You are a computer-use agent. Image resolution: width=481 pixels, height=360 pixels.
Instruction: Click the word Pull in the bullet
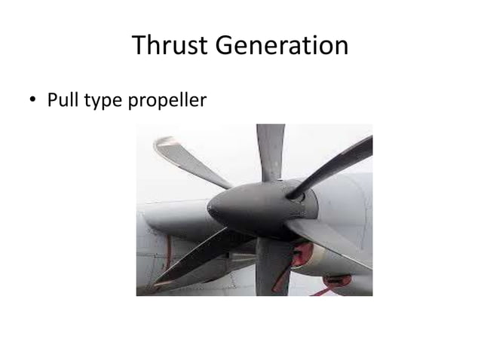point(63,99)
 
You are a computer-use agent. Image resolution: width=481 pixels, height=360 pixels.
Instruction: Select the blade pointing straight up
point(270,151)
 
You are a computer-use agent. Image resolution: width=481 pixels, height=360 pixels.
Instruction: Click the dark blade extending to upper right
point(332,167)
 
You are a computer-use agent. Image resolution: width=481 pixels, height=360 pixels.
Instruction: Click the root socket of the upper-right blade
point(296,195)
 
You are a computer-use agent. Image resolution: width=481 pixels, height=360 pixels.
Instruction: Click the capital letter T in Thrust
point(139,47)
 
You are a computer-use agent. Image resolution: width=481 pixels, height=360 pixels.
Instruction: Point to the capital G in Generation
point(228,47)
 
